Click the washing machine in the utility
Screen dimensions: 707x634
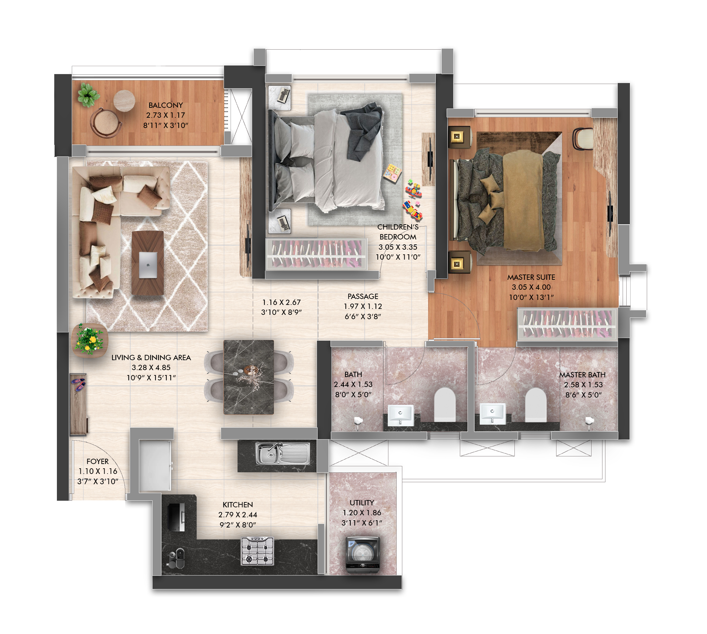click(362, 555)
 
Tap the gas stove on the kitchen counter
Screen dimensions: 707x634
click(257, 551)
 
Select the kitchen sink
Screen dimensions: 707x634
click(283, 453)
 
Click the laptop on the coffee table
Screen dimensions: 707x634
click(148, 265)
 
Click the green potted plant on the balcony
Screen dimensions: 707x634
click(88, 94)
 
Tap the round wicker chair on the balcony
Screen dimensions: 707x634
click(106, 123)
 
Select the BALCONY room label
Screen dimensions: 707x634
click(165, 105)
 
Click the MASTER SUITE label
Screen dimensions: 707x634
click(531, 277)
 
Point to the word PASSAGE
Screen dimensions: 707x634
click(363, 296)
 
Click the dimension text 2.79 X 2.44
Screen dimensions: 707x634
click(238, 515)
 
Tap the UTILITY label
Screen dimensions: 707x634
click(362, 503)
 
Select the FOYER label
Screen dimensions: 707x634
click(98, 461)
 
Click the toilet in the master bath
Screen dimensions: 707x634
click(536, 404)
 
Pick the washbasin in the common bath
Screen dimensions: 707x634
click(401, 415)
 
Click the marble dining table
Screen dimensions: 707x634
click(248, 377)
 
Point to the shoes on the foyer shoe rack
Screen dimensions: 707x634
click(79, 384)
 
